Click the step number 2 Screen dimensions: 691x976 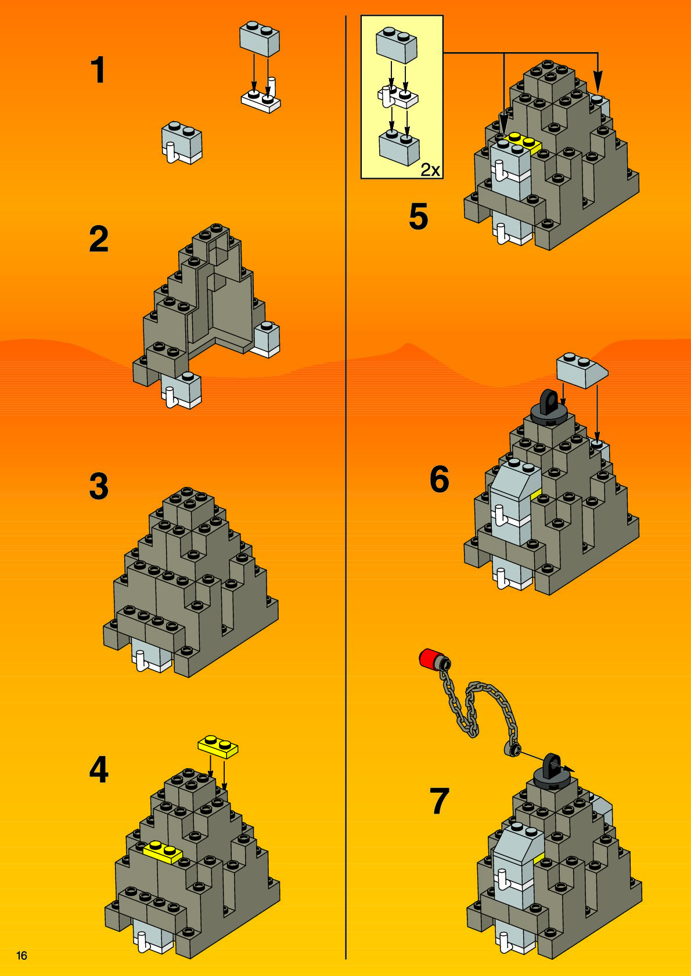[99, 238]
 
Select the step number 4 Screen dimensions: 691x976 [99, 769]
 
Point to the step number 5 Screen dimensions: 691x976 [418, 216]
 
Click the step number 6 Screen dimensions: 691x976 [439, 479]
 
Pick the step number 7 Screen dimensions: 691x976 [439, 800]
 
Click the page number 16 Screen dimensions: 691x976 [21, 956]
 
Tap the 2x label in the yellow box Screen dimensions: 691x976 [430, 171]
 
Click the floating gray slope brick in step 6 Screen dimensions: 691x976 [582, 370]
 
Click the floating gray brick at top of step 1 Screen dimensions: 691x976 [260, 39]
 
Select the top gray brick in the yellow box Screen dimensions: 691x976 [397, 45]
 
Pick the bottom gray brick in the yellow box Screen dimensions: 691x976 [400, 148]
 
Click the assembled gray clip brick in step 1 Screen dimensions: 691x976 [182, 142]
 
